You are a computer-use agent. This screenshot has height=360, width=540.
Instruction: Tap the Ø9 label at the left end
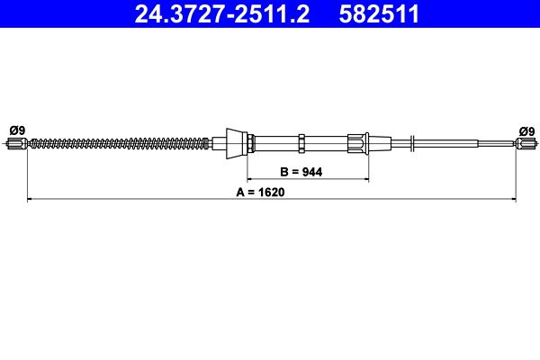(x=16, y=130)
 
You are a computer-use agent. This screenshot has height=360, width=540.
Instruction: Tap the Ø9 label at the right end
(x=526, y=130)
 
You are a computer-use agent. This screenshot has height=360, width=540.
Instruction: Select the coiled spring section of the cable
(x=117, y=141)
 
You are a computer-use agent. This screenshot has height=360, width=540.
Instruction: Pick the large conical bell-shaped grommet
(x=238, y=141)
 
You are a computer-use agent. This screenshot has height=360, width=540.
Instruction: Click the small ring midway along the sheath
(x=302, y=141)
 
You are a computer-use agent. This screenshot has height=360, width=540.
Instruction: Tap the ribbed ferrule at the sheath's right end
(x=358, y=141)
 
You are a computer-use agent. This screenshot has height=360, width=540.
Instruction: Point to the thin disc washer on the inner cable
(x=411, y=141)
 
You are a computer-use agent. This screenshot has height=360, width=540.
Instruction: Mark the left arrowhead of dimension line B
(x=252, y=180)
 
